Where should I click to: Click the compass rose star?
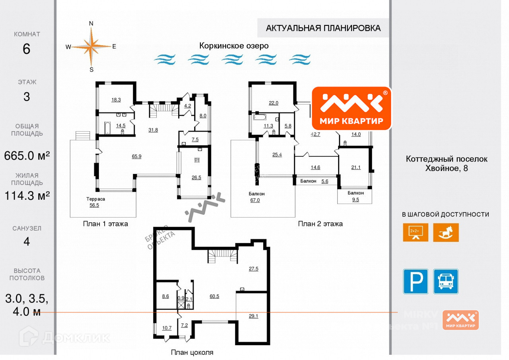click(x=91, y=47)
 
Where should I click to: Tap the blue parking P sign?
click(x=416, y=282)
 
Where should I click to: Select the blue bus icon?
click(x=446, y=282)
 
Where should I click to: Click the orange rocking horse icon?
click(x=446, y=232)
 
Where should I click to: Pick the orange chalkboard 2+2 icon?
click(x=416, y=232)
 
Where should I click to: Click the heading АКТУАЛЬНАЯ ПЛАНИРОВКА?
click(x=323, y=28)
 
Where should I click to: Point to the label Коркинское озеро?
click(x=234, y=46)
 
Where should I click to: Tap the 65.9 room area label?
click(x=136, y=156)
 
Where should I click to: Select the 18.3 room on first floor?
click(x=116, y=100)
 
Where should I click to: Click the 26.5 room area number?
click(x=196, y=177)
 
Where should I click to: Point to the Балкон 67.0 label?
click(x=254, y=197)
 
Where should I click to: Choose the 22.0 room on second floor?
click(x=273, y=103)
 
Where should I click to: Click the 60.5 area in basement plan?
click(x=214, y=296)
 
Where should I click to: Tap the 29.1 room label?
click(x=253, y=316)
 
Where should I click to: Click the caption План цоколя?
click(x=192, y=352)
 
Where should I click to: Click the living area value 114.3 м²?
click(x=27, y=196)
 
